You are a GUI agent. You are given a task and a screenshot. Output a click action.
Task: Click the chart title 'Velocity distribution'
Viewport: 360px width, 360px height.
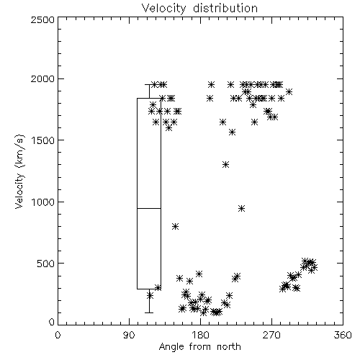tap(199, 8)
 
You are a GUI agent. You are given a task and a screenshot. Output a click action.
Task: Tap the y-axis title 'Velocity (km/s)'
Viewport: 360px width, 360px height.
tap(19, 171)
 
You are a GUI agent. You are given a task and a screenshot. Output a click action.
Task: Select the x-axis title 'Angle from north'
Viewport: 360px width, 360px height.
tap(199, 346)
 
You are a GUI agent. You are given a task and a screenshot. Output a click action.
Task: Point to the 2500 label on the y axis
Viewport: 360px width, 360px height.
tap(43, 19)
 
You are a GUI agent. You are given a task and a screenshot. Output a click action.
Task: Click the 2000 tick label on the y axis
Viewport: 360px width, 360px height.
tap(43, 78)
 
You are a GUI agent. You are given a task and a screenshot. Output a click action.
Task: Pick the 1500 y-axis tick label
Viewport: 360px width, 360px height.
tap(43, 140)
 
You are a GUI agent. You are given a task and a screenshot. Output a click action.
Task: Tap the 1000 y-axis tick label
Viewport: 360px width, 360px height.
tap(43, 202)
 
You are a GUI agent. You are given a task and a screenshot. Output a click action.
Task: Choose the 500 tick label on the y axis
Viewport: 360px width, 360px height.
tap(46, 264)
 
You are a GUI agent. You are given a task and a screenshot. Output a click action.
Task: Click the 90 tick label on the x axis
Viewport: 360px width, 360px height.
tap(129, 335)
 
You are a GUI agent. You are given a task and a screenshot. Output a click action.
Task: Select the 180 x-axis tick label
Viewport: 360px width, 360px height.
tap(200, 335)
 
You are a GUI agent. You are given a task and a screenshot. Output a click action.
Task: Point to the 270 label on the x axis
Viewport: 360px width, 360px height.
tap(271, 335)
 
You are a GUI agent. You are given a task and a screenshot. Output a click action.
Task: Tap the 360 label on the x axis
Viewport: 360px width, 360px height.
tap(343, 335)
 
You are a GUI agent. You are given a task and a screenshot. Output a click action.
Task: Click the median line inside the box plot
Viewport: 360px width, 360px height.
tap(149, 208)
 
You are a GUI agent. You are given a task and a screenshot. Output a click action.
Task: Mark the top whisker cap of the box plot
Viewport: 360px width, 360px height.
tap(149, 84)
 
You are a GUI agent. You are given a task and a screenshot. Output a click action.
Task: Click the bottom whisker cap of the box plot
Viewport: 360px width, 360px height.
tap(149, 312)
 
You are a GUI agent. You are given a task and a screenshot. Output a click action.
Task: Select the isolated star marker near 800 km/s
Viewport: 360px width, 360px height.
tap(176, 227)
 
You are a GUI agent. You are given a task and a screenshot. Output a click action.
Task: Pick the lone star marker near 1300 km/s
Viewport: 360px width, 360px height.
tap(225, 165)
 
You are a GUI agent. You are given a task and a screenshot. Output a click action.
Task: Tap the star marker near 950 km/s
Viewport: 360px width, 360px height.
tap(242, 208)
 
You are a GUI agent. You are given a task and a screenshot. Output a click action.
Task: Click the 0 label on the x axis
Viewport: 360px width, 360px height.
tap(58, 335)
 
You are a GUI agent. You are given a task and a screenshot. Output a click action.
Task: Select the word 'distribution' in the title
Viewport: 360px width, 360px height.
tap(225, 8)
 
